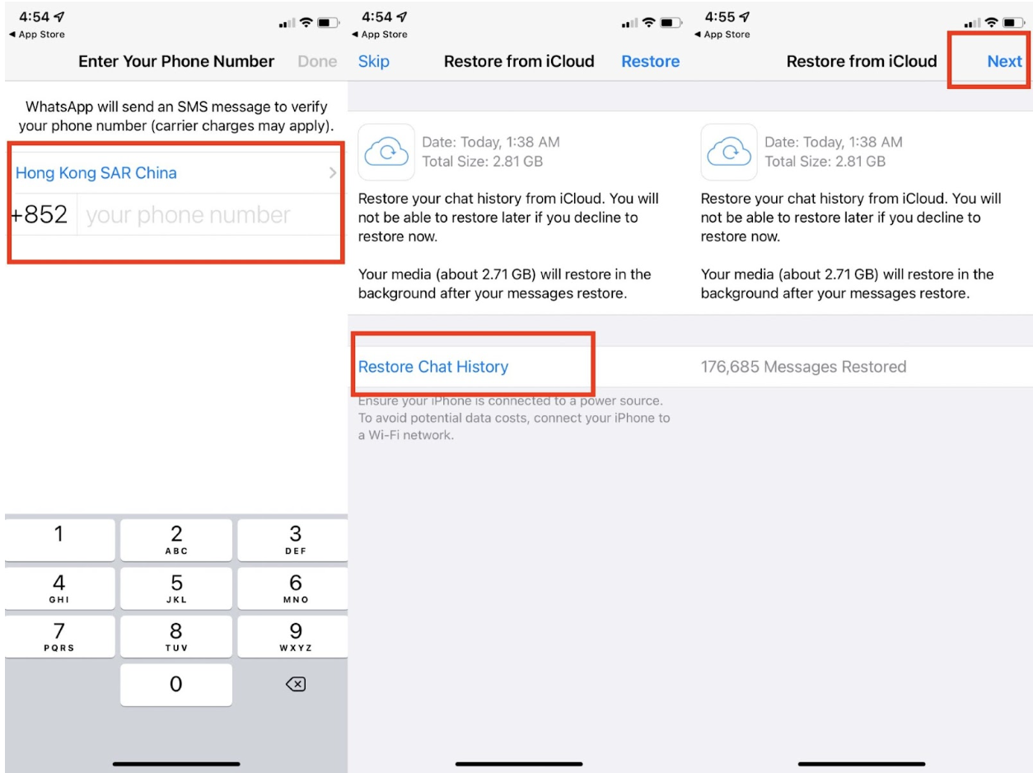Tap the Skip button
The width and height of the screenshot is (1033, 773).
374,61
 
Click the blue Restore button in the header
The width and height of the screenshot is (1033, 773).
651,61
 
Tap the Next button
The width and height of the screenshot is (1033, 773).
1004,61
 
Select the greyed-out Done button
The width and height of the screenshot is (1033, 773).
317,61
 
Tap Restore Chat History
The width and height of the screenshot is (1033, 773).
433,366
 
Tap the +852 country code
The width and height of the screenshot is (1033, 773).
40,214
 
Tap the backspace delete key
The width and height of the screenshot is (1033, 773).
296,684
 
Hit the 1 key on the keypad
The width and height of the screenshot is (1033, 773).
59,540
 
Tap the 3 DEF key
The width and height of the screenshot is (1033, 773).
293,540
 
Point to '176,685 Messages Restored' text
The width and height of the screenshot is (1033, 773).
803,366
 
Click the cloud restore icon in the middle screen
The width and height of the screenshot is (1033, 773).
386,152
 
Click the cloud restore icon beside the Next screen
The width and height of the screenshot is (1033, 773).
729,152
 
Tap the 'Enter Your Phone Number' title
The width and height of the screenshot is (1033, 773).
176,61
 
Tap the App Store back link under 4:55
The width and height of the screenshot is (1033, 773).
722,35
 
